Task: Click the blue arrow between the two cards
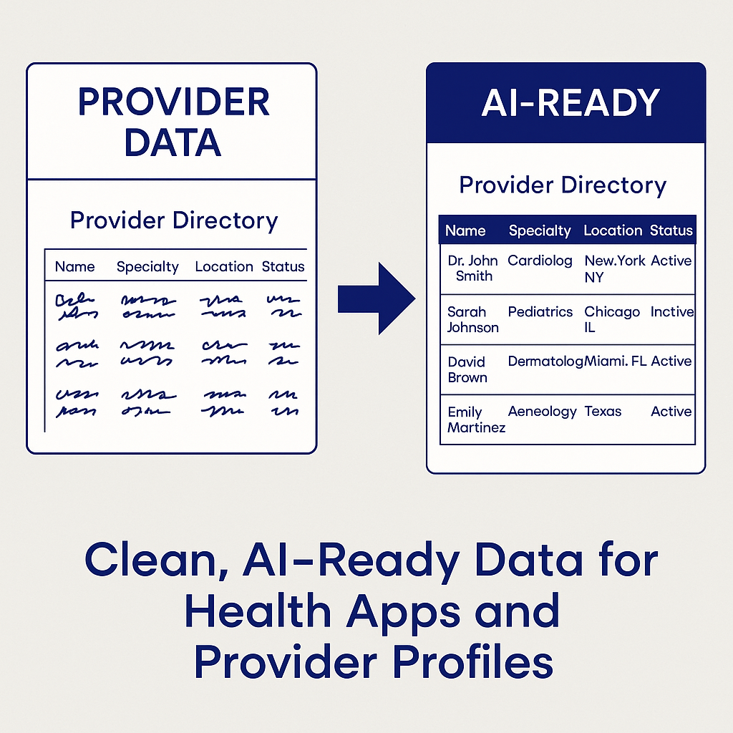click(376, 298)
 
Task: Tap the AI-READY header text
click(570, 103)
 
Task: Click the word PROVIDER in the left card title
click(174, 102)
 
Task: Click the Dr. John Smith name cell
click(472, 268)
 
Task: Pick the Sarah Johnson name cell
click(472, 319)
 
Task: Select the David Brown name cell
click(467, 369)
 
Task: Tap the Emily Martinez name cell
click(476, 419)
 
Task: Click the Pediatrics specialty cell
click(540, 312)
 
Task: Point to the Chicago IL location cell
click(612, 319)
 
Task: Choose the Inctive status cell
click(672, 312)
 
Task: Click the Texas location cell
click(603, 412)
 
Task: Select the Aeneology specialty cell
click(542, 412)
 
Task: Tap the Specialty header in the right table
click(540, 230)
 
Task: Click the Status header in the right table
click(671, 230)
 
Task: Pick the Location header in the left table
click(224, 266)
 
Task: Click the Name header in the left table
click(74, 266)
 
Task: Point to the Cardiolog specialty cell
click(540, 261)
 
